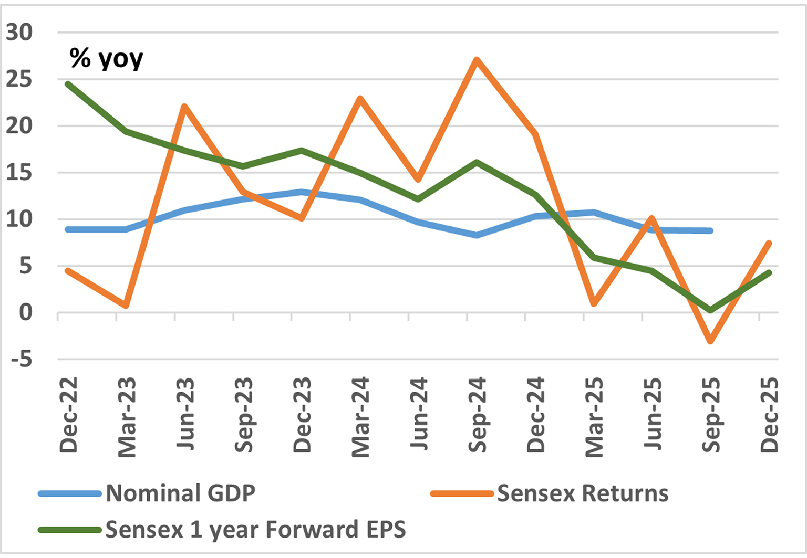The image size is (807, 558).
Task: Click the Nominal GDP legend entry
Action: click(147, 493)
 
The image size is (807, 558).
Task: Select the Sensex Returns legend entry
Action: click(549, 493)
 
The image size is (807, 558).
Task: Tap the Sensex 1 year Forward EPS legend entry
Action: click(222, 530)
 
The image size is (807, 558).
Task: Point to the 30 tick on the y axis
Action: click(19, 33)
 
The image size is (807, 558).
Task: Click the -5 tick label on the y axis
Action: click(22, 359)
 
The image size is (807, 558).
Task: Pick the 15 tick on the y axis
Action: click(19, 173)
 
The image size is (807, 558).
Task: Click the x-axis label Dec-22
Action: click(68, 415)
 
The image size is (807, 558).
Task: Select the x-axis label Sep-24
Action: click(477, 415)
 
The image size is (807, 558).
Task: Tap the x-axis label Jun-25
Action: click(653, 414)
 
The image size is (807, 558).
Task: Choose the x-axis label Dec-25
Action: click(769, 415)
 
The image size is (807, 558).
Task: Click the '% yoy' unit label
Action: click(106, 58)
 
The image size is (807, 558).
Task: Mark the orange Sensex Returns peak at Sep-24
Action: click(477, 59)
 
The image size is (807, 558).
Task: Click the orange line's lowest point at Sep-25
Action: click(710, 341)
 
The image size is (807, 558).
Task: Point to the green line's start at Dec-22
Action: click(68, 84)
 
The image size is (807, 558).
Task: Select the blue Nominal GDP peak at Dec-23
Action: click(301, 192)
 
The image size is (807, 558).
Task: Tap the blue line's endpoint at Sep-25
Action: click(710, 231)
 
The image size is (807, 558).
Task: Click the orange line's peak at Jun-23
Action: click(184, 106)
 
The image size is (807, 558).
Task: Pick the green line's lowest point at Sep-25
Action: click(710, 310)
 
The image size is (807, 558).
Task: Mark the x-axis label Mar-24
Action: click(360, 417)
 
